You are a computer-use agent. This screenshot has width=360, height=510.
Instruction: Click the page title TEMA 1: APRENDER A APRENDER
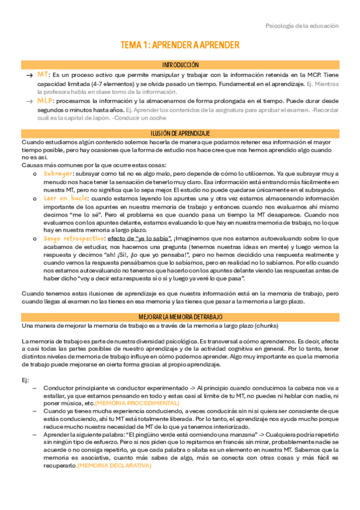pyautogui.click(x=180, y=45)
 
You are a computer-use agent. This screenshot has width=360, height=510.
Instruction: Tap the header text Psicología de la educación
pyautogui.click(x=302, y=26)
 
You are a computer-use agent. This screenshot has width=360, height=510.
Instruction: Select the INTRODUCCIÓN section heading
pyautogui.click(x=180, y=64)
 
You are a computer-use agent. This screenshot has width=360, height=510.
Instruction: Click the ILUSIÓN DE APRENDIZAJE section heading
pyautogui.click(x=180, y=132)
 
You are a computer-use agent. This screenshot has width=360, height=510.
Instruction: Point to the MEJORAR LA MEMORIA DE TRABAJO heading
pyautogui.click(x=180, y=316)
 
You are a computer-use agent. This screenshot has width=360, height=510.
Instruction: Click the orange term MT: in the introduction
pyautogui.click(x=43, y=74)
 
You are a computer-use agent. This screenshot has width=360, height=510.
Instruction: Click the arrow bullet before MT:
pyautogui.click(x=28, y=75)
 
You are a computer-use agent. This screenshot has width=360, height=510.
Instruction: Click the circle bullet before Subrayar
pyautogui.click(x=35, y=174)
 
